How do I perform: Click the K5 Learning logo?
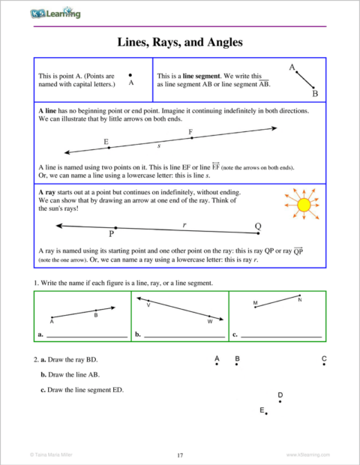pos(57,13)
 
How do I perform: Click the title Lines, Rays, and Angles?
pos(180,43)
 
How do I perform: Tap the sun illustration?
pos(304,204)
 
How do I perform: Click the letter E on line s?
pos(106,141)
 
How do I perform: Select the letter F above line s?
pos(190,132)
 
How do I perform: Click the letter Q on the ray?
pos(259,226)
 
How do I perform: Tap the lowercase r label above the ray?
pos(184,223)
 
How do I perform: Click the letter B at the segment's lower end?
pos(315,94)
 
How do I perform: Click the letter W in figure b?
pos(210,322)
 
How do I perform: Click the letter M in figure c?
pos(256,304)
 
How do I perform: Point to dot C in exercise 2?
pos(324,366)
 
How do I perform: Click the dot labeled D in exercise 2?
pos(280,401)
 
